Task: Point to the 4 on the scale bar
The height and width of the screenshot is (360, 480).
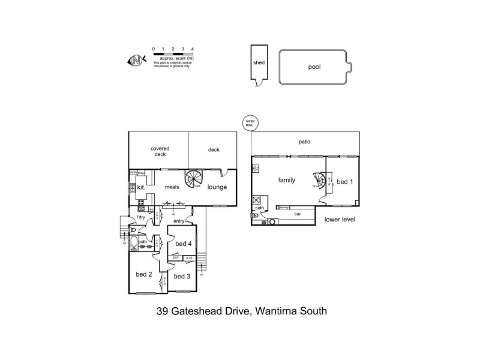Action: coord(192,47)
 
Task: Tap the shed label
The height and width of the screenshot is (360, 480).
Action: coord(259,62)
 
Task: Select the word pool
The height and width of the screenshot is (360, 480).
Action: coord(314,67)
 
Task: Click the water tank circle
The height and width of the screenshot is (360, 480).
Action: coord(249,122)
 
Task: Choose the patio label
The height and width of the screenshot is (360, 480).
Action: coord(305,142)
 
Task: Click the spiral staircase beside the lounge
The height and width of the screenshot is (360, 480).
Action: coord(196,179)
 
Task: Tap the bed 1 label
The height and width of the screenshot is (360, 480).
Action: coord(344,182)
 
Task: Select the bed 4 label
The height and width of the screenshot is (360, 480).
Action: coord(183,244)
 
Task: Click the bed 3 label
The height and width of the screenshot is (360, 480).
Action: coord(181,277)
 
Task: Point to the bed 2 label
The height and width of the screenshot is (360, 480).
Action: coord(143,274)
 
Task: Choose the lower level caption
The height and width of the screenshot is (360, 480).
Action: coord(340,220)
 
